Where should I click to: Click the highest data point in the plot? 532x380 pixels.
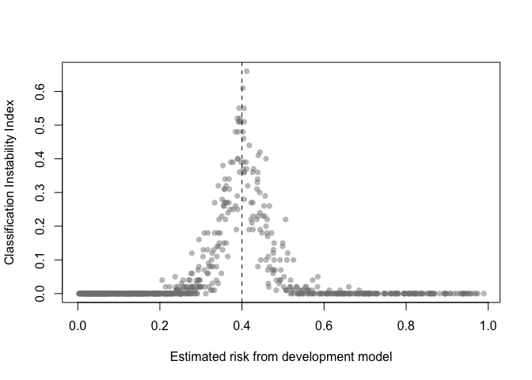(x=246, y=71)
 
